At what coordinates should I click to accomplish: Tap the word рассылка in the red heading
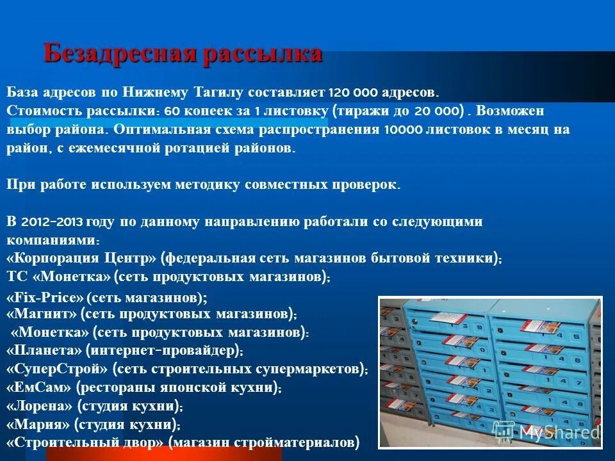(263, 54)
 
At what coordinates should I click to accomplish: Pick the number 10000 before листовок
(404, 129)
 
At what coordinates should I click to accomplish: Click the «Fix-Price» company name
(45, 298)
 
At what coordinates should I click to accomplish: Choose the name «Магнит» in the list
(41, 314)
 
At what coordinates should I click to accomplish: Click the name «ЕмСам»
(38, 388)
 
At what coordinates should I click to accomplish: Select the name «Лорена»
(40, 406)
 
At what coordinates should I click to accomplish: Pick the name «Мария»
(37, 424)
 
